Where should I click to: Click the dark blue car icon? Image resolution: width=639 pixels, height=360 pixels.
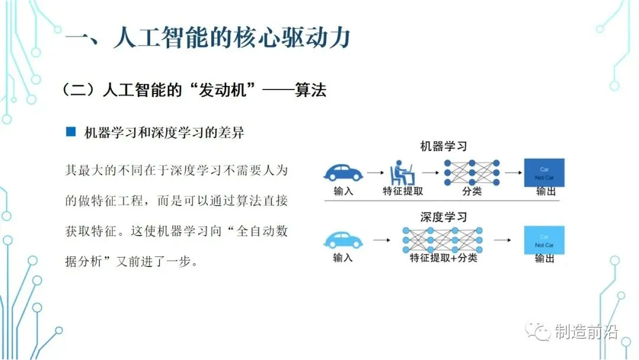[x=343, y=172]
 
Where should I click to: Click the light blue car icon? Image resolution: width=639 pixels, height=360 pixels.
[x=343, y=240]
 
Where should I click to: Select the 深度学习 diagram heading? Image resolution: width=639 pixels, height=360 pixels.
[x=443, y=217]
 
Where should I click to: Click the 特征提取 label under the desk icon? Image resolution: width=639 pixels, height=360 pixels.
[x=402, y=191]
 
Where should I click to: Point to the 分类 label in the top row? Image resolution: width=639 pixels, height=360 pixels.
[x=472, y=191]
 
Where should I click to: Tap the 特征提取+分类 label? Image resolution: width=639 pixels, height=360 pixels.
[x=443, y=258]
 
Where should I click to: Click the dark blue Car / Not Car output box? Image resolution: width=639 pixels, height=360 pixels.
[x=544, y=172]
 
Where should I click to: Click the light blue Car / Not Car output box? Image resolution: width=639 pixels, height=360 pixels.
[x=544, y=240]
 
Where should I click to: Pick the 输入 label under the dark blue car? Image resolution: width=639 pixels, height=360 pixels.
[x=343, y=191]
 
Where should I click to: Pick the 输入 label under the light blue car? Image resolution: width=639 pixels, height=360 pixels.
[x=343, y=258]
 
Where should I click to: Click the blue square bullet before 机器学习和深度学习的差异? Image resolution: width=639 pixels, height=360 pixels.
[x=71, y=133]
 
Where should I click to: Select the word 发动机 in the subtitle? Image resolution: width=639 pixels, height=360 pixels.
[x=222, y=90]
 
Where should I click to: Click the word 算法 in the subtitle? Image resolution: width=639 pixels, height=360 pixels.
[x=310, y=90]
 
